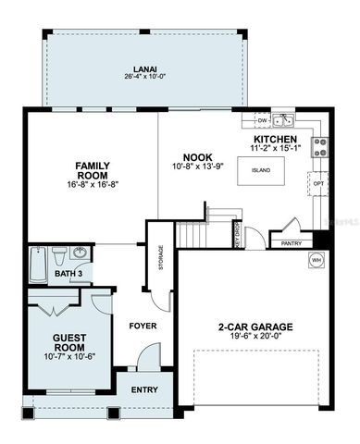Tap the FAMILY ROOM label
[93, 171]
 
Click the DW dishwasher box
[262, 120]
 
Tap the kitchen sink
[282, 120]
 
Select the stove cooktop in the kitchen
[320, 145]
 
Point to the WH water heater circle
[316, 261]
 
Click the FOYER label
[142, 326]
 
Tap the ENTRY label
[143, 389]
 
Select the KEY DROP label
[236, 238]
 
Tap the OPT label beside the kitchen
[318, 183]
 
